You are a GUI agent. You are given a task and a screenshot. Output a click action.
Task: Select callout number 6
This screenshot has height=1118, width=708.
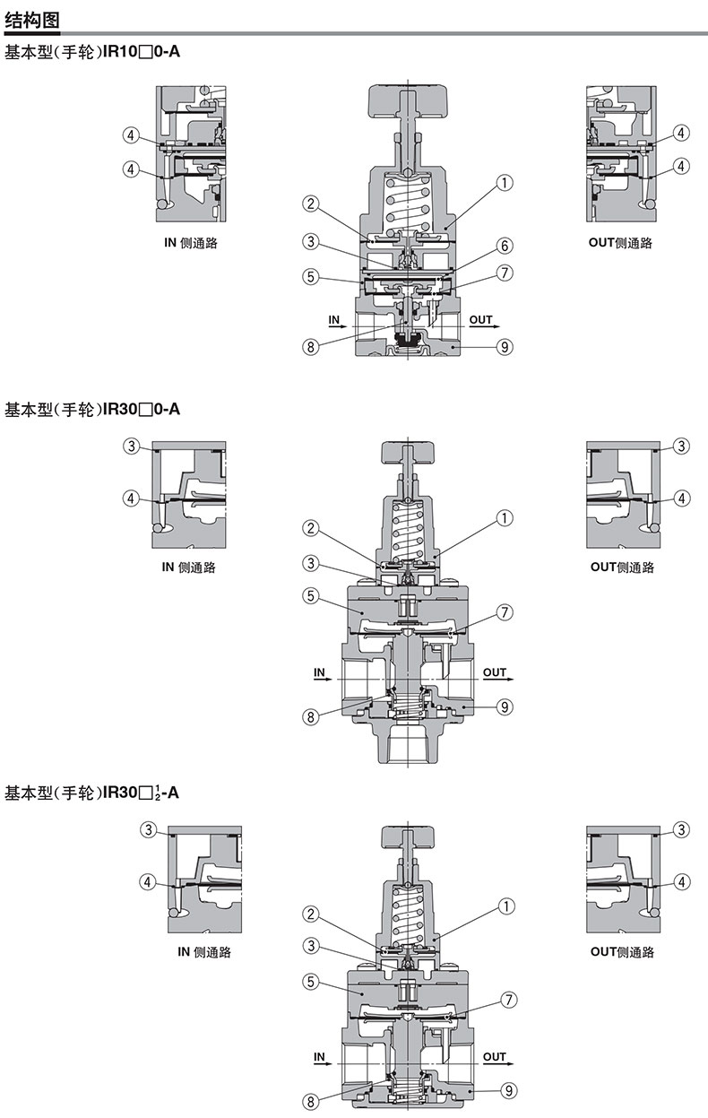pyautogui.click(x=505, y=246)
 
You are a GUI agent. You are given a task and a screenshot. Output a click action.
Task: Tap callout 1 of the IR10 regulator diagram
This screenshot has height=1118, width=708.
pyautogui.click(x=505, y=182)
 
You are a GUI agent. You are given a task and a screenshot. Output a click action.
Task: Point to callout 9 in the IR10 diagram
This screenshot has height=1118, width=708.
pyautogui.click(x=505, y=347)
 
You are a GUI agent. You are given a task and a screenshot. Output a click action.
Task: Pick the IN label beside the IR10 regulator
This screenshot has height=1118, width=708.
pyautogui.click(x=334, y=319)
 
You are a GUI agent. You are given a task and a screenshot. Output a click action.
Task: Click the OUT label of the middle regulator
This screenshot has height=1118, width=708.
pyautogui.click(x=494, y=672)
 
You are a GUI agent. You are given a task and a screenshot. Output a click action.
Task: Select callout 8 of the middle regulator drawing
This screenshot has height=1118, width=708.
pyautogui.click(x=311, y=716)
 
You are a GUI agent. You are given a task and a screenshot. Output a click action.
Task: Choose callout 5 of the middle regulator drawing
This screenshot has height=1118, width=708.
pyautogui.click(x=311, y=594)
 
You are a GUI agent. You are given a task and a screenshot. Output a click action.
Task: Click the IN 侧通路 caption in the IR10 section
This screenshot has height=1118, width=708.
pyautogui.click(x=190, y=243)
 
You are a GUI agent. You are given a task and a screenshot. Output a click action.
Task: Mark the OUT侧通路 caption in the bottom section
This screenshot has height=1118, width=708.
pyautogui.click(x=622, y=951)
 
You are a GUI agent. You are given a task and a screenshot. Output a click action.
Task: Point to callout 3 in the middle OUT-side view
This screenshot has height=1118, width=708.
pyautogui.click(x=681, y=446)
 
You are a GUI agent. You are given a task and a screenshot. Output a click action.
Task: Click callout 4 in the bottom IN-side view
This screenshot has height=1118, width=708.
pyautogui.click(x=149, y=881)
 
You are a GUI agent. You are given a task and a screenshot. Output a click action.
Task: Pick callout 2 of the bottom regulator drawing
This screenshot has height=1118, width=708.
pyautogui.click(x=311, y=914)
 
